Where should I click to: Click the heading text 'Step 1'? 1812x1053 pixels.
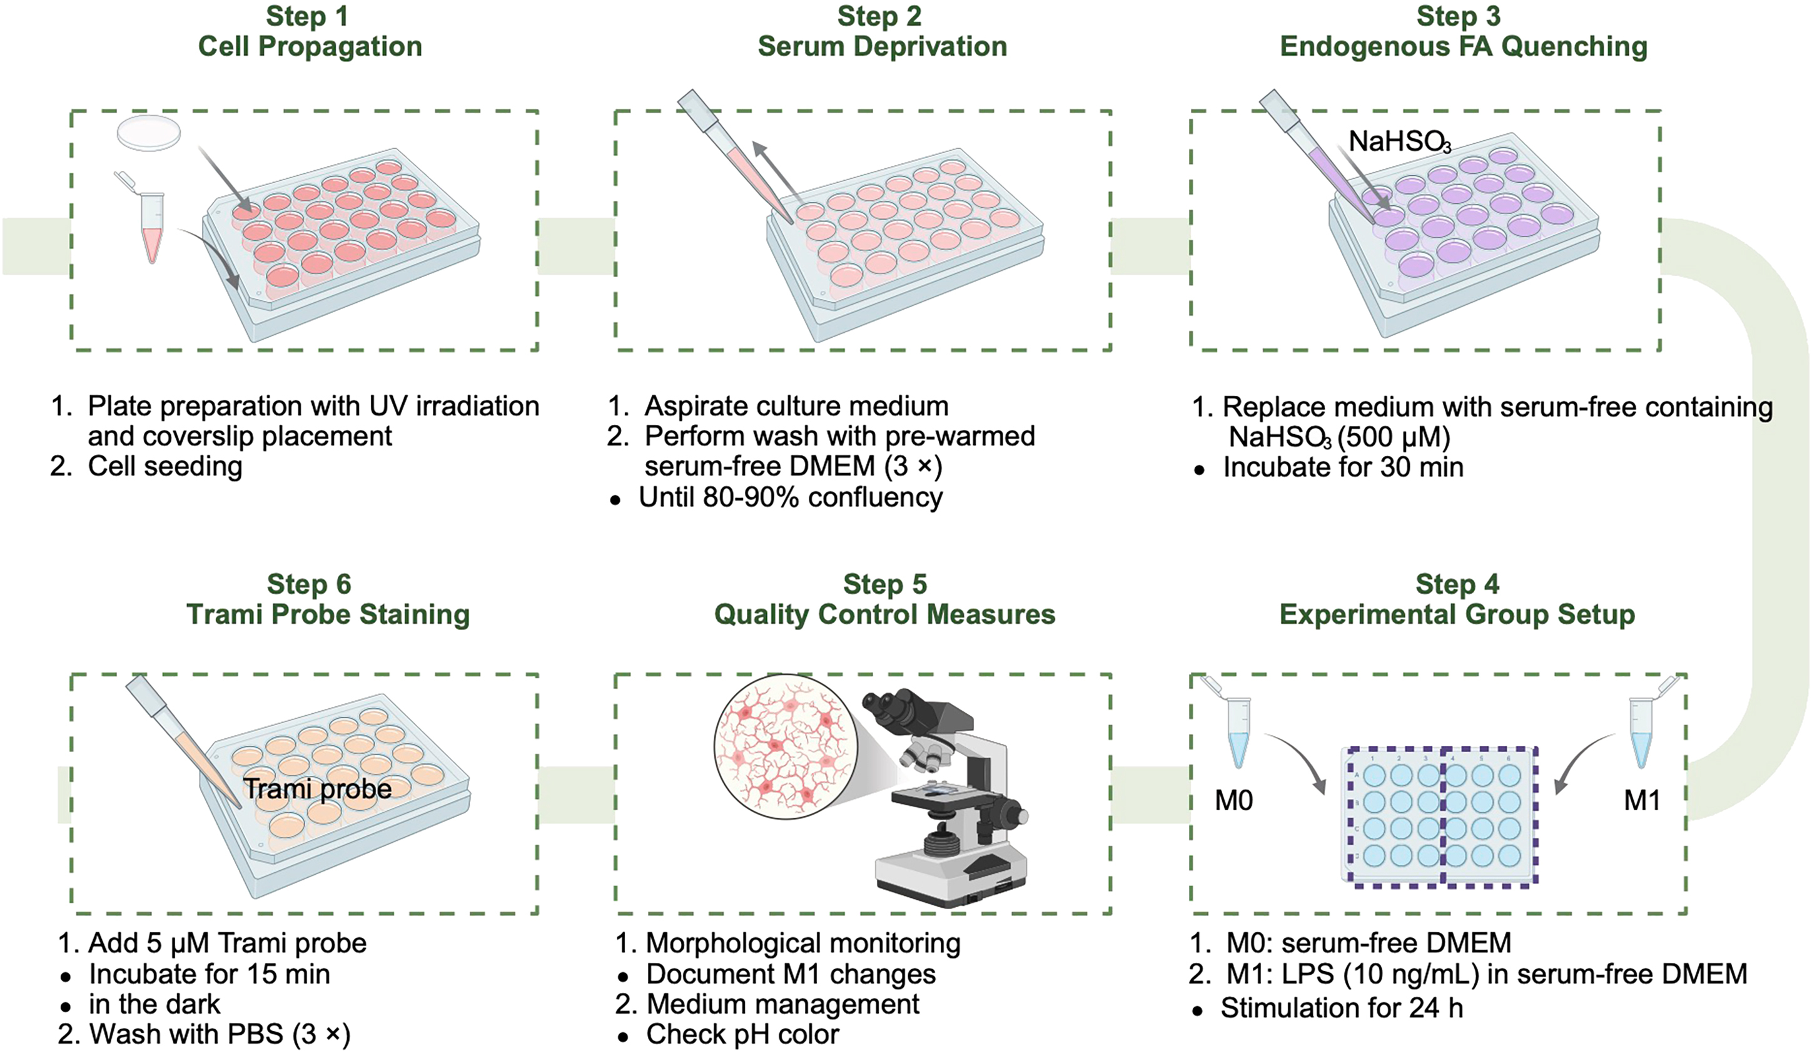pos(307,16)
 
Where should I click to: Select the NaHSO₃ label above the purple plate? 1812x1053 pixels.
pos(1398,141)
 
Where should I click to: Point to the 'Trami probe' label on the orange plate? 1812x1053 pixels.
pos(317,789)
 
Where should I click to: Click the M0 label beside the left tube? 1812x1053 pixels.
pos(1233,800)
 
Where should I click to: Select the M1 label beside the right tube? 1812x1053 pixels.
pos(1642,800)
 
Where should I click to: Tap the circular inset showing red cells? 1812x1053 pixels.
pos(785,746)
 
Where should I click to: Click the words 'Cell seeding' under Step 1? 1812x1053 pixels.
pos(164,467)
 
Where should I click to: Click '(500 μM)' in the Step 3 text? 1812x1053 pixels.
pos(1394,437)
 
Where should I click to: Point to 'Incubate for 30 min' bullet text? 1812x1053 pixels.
pos(1342,467)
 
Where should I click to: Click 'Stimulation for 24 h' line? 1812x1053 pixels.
pos(1341,1009)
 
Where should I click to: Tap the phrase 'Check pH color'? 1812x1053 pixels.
pos(742,1034)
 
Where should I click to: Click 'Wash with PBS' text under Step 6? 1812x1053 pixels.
pos(186,1034)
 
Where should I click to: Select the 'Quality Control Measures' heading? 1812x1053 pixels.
pos(884,615)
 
